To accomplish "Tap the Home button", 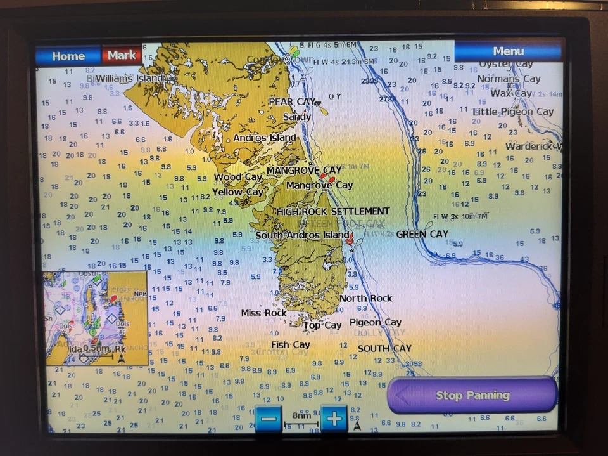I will pyautogui.click(x=68, y=56).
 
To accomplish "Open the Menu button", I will pyautogui.click(x=508, y=51).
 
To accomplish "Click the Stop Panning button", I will pyautogui.click(x=472, y=395).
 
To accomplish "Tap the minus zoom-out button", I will pyautogui.click(x=269, y=419).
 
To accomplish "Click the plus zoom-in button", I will pyautogui.click(x=334, y=419).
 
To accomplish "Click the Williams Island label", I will pyautogui.click(x=129, y=78).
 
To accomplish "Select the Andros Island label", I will pyautogui.click(x=264, y=138).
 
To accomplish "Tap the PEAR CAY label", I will pyautogui.click(x=292, y=101).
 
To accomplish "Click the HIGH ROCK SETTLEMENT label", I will pyautogui.click(x=332, y=211).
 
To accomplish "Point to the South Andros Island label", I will pyautogui.click(x=302, y=235).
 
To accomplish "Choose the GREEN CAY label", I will pyautogui.click(x=422, y=234).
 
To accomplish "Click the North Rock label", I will pyautogui.click(x=365, y=298).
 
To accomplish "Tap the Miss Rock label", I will pyautogui.click(x=263, y=313).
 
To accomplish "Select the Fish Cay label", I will pyautogui.click(x=290, y=345).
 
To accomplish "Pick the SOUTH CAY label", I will pyautogui.click(x=384, y=348).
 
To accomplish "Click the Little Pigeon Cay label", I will pyautogui.click(x=513, y=112).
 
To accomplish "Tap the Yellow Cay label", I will pyautogui.click(x=237, y=192).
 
